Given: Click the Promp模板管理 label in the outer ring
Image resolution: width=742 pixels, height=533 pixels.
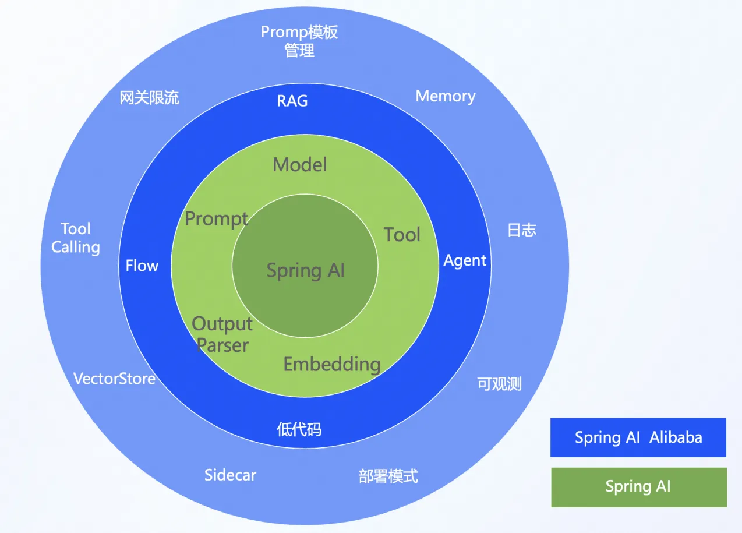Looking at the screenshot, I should click(x=299, y=41).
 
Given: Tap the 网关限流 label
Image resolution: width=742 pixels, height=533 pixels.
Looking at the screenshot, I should click(x=150, y=97).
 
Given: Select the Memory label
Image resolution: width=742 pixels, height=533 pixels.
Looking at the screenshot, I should click(x=446, y=96).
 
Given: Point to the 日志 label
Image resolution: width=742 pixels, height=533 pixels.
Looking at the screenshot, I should click(x=522, y=230).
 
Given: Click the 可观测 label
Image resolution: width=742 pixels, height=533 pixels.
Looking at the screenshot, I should click(x=500, y=384).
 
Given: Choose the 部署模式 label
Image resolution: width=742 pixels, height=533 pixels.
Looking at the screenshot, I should click(x=388, y=476).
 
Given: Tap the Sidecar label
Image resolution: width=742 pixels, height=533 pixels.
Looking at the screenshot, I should click(x=230, y=475).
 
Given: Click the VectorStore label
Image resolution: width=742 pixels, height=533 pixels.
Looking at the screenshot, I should click(x=114, y=379).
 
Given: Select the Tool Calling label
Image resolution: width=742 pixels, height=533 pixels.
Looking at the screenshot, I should click(x=76, y=238).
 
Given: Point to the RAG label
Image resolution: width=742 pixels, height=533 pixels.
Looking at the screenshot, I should click(x=292, y=101).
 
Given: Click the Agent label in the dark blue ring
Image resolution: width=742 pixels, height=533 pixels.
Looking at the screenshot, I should click(x=465, y=260).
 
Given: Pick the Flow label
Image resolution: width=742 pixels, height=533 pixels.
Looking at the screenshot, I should click(x=142, y=266).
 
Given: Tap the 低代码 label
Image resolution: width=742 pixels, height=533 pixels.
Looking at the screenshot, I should click(x=299, y=429).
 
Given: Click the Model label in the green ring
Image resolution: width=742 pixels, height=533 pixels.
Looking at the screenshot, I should click(x=300, y=165).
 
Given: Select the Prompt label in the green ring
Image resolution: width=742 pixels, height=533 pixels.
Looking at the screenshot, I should click(x=217, y=219).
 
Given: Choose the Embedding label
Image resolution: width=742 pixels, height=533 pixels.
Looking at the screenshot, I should click(x=332, y=364).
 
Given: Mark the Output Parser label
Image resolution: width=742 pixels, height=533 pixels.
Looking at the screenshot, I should click(x=222, y=334).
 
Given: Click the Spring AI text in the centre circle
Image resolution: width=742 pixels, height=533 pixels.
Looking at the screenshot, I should click(x=306, y=270).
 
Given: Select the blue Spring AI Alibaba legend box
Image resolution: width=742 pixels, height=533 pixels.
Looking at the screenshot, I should click(x=638, y=437).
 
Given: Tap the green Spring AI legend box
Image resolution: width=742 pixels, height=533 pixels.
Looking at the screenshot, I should click(x=639, y=487).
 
